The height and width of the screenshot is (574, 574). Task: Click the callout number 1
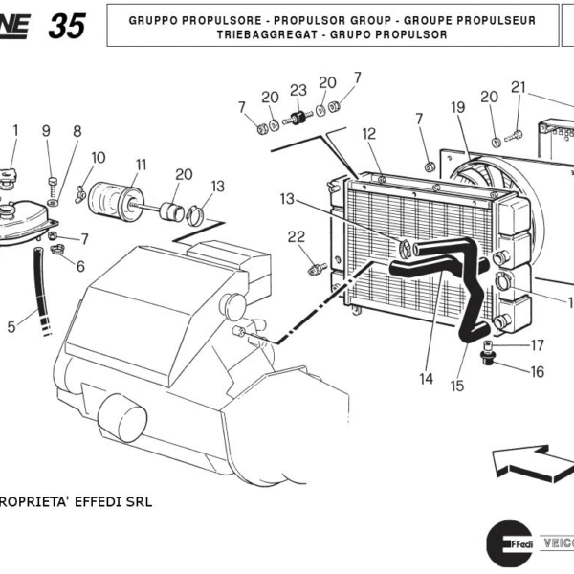tap(14, 129)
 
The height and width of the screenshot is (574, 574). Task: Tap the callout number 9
tap(45, 130)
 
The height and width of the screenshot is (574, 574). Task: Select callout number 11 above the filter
tap(141, 164)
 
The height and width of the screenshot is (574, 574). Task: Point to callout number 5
tap(11, 326)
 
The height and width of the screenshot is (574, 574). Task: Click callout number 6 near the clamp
tap(80, 266)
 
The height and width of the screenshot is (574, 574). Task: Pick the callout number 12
tap(369, 134)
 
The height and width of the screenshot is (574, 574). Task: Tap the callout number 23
tap(298, 90)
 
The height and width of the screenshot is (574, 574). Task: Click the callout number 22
tap(297, 236)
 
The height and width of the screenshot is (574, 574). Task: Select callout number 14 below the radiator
tap(426, 378)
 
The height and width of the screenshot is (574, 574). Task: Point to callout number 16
tap(537, 371)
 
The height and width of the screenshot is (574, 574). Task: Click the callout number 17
tap(537, 345)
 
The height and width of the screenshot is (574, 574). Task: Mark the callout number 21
tap(518, 87)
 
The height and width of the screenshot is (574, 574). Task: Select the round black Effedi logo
tap(508, 544)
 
